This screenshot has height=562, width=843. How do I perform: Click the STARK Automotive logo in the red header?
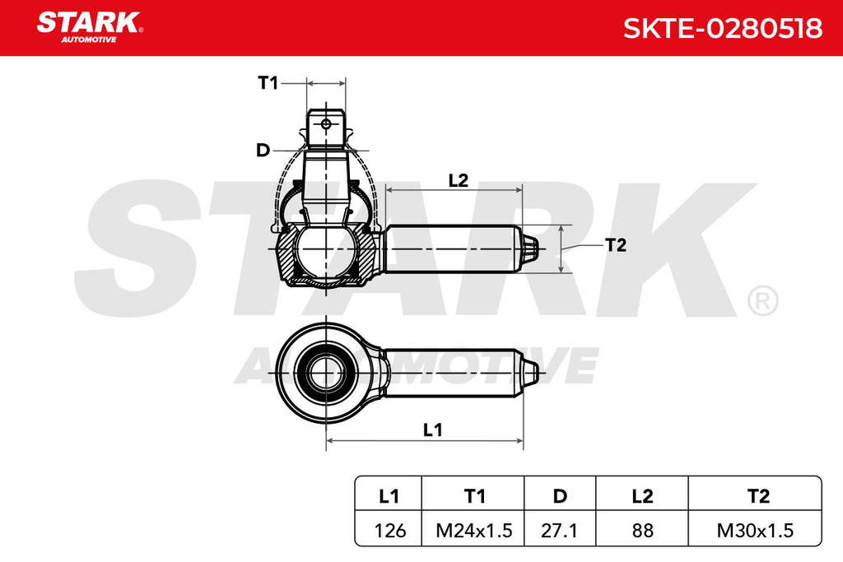click(x=90, y=27)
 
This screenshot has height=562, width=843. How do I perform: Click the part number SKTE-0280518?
click(x=723, y=28)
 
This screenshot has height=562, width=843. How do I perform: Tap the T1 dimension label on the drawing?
click(x=268, y=83)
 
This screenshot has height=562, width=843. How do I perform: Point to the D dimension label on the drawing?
click(x=263, y=151)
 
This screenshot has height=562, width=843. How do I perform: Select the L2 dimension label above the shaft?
click(x=458, y=180)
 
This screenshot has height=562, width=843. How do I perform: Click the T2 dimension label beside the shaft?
click(x=616, y=245)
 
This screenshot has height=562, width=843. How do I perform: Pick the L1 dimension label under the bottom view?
click(x=432, y=430)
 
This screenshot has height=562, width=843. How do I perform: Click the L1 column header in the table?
click(x=389, y=496)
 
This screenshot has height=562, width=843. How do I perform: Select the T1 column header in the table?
click(x=474, y=496)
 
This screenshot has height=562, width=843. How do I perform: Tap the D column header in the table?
click(x=560, y=496)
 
